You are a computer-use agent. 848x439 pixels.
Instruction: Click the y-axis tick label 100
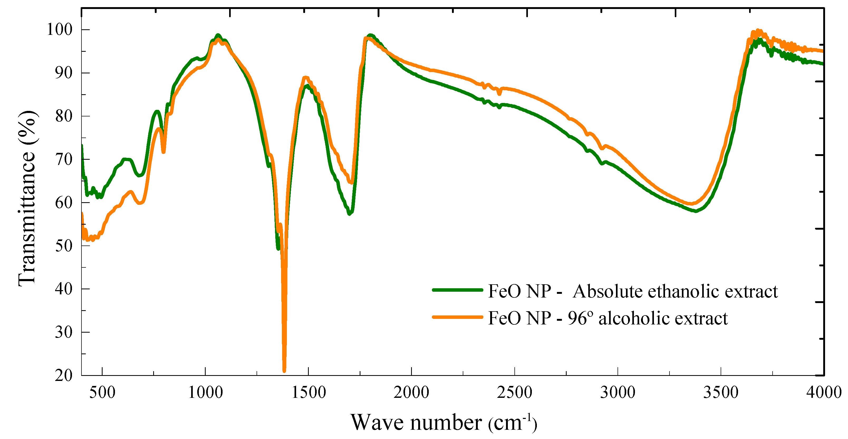point(60,30)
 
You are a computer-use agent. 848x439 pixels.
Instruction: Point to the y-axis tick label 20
point(64,375)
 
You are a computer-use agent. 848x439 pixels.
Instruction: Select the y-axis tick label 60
point(64,203)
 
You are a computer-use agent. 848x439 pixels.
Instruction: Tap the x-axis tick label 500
point(102,393)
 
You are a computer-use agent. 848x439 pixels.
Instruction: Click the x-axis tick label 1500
point(309,393)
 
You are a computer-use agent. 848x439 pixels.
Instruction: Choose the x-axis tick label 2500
point(514,393)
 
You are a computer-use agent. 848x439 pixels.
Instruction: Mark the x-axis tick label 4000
point(824,393)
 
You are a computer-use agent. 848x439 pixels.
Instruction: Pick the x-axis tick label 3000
point(618,393)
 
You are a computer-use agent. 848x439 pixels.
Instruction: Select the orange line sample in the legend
point(457,317)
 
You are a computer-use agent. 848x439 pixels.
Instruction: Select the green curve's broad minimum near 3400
point(696,211)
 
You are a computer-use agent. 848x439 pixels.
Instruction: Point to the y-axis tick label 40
point(64,289)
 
